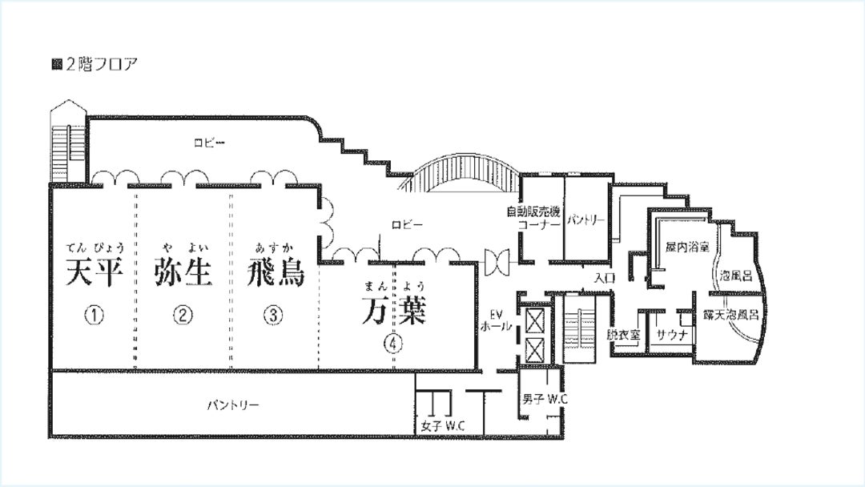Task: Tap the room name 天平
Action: point(94,272)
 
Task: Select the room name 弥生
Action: point(183,272)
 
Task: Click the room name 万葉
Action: point(394,311)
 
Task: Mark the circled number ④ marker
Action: point(392,343)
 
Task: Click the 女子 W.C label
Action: point(443,426)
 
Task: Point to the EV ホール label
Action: point(496,320)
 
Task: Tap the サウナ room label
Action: point(672,334)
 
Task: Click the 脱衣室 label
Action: point(623,334)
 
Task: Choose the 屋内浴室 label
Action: point(687,247)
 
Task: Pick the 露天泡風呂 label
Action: point(731,315)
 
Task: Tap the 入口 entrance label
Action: point(605,277)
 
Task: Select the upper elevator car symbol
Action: point(534,321)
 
